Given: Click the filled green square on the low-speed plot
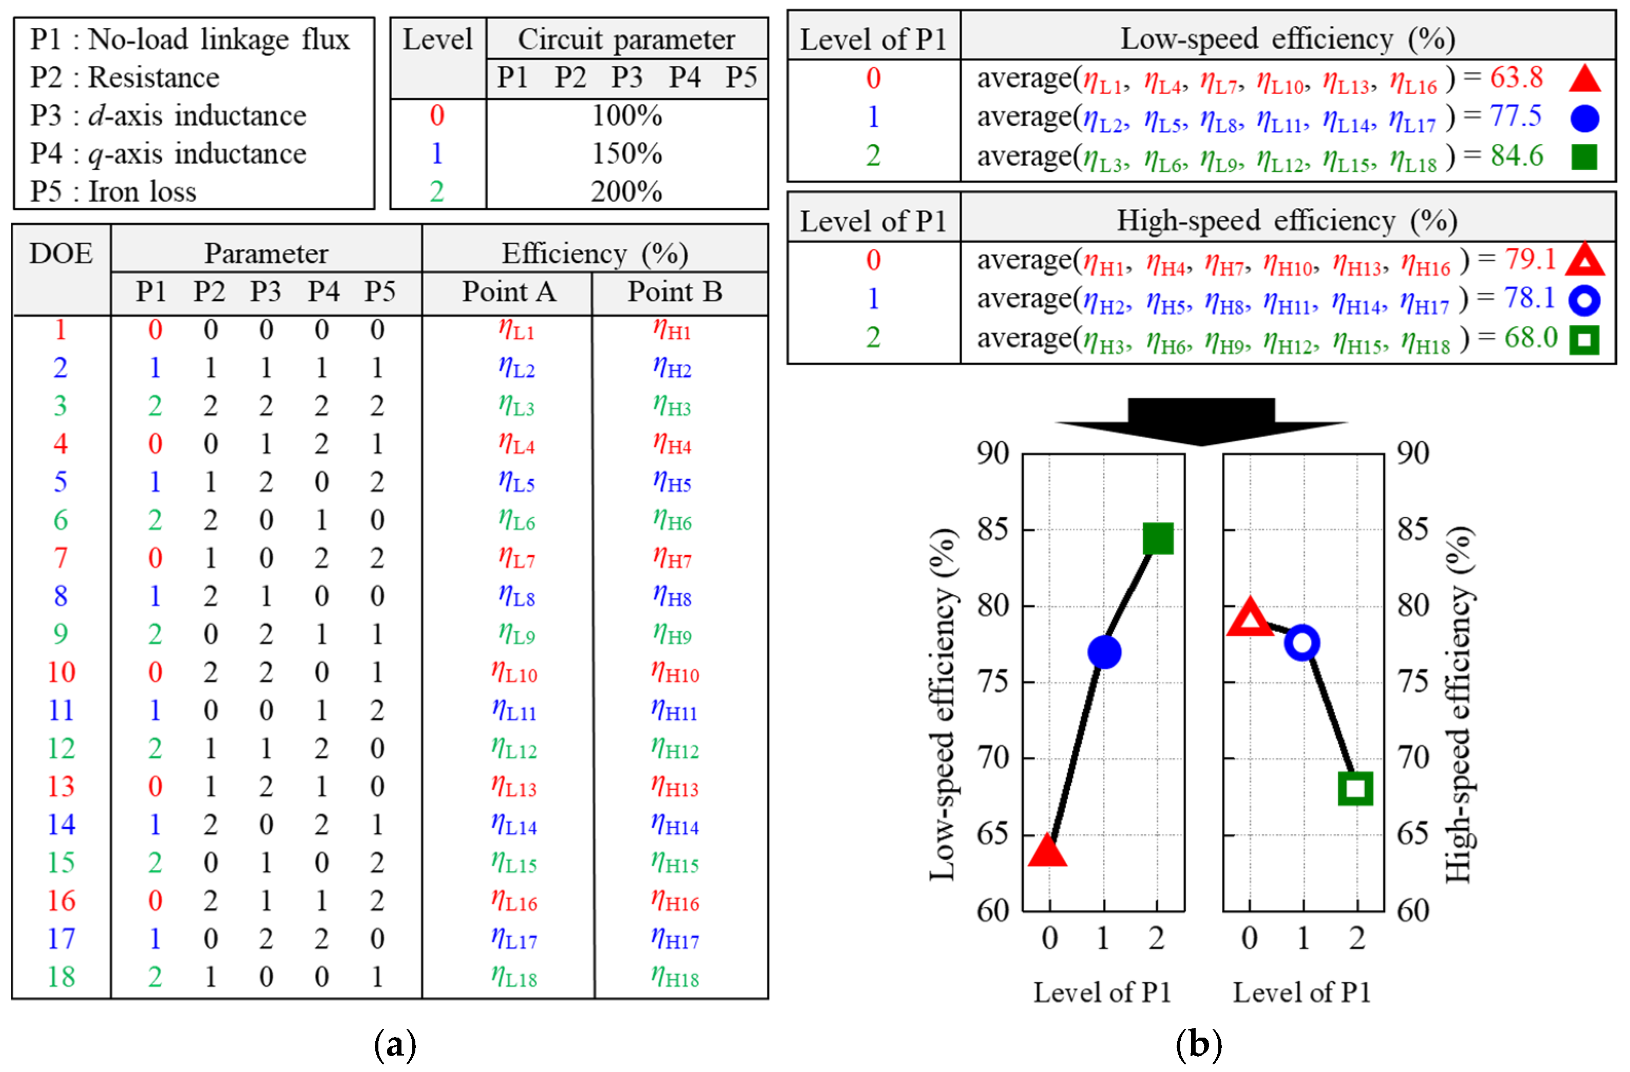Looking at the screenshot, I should [x=1158, y=538].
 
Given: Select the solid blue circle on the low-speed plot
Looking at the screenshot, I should [x=1104, y=652].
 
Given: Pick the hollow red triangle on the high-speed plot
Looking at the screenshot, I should [x=1250, y=617].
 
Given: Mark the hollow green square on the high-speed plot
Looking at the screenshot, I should [x=1355, y=788].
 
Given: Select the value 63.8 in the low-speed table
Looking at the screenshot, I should [x=1517, y=78].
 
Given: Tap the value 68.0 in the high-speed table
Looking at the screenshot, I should [x=1531, y=338].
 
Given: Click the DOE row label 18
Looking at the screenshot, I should [x=61, y=976].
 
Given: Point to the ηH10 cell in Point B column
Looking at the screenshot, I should [x=675, y=672].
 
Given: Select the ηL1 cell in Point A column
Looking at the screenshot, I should [x=516, y=330].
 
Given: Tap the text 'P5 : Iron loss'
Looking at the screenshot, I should [x=113, y=192].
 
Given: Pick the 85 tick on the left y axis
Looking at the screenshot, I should [x=992, y=529].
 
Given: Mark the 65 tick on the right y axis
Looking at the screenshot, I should [x=1413, y=834].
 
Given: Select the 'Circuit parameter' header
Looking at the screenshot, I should [x=626, y=39].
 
